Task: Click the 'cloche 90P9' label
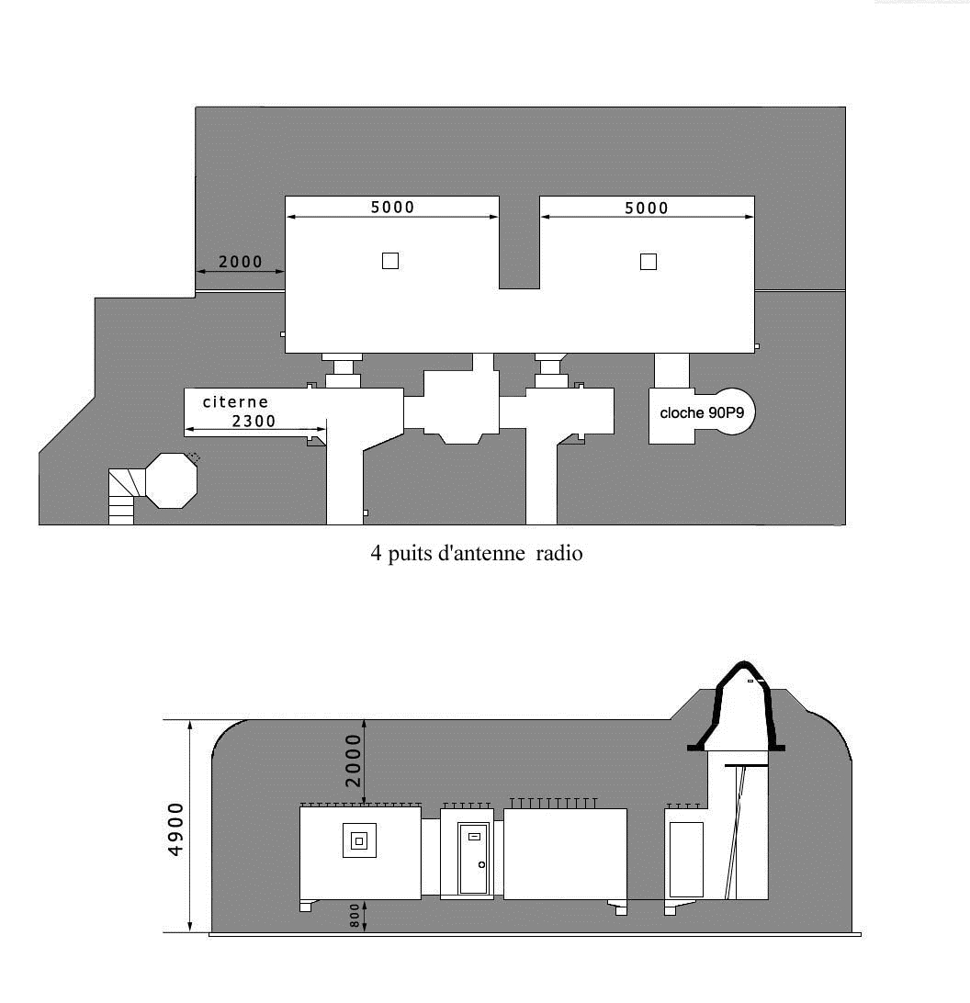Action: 702,413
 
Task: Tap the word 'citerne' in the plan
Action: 235,401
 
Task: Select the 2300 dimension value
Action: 254,421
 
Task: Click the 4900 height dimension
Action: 175,829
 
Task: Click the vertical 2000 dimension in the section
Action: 354,761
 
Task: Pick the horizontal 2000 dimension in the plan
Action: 241,262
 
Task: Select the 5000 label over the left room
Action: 392,208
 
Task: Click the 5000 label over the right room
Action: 647,208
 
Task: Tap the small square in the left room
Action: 390,261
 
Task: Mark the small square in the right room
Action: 649,262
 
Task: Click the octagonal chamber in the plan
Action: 172,481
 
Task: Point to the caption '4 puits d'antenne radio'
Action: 477,553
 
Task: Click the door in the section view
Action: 473,859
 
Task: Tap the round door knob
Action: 482,865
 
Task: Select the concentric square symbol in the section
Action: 359,840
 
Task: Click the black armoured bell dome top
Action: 743,665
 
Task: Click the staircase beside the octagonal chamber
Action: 124,496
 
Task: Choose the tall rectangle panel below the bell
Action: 686,860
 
